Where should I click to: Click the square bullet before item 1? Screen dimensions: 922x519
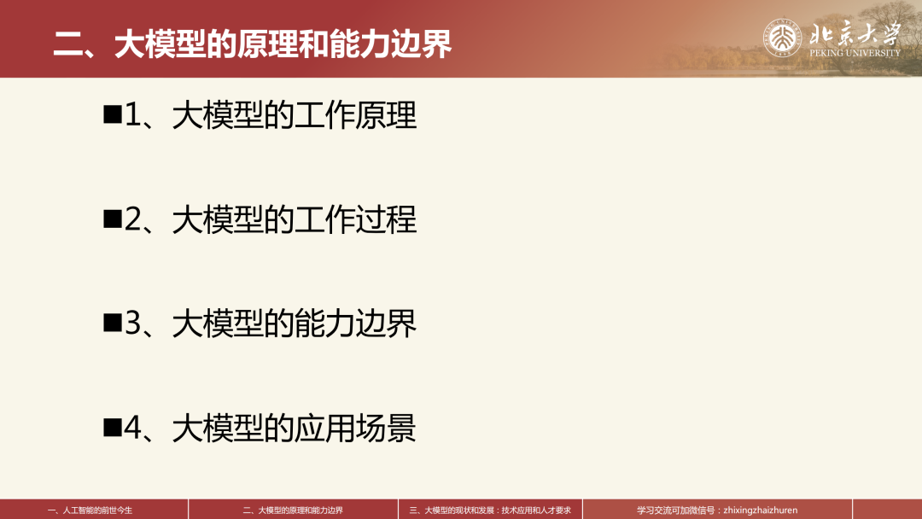(113, 114)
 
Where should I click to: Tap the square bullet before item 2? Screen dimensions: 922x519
(113, 219)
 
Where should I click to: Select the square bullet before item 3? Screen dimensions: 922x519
(113, 323)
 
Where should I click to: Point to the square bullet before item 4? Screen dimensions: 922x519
(113, 428)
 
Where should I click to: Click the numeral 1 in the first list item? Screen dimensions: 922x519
(133, 114)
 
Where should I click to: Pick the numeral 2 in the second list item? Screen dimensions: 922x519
(133, 219)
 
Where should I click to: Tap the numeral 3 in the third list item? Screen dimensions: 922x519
(133, 323)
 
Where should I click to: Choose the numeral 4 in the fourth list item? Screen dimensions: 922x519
(133, 428)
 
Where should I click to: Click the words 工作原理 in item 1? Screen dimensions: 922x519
(355, 114)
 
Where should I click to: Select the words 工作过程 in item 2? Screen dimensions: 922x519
(355, 219)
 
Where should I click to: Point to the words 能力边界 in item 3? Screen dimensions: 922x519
(355, 324)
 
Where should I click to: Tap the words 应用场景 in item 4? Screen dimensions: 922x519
(355, 428)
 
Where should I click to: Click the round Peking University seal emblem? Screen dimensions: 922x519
(782, 38)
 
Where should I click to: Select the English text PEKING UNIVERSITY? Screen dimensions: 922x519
(855, 53)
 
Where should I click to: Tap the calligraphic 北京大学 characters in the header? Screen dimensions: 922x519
(855, 32)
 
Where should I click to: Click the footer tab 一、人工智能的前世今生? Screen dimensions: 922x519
(90, 510)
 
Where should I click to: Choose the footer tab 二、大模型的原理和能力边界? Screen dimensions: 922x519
(293, 510)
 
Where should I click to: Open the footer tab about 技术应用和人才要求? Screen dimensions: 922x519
(490, 510)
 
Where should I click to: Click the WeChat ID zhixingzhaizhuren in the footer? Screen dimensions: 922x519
(761, 510)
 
